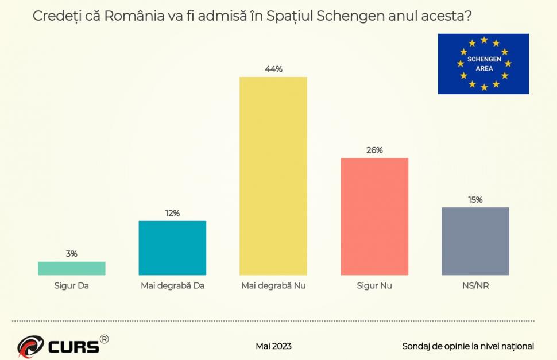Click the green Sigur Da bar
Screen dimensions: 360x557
(72, 269)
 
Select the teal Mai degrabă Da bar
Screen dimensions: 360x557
(172, 248)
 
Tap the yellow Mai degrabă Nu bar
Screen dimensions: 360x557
(273, 176)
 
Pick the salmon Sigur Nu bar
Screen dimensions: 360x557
(374, 216)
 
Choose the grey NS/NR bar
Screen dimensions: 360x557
(475, 241)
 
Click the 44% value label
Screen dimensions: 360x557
(273, 69)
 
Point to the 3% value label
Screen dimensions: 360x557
(72, 253)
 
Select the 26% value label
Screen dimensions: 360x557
(374, 150)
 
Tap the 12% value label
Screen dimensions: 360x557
(172, 213)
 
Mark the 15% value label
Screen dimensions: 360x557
(475, 200)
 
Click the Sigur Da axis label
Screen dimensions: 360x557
(72, 285)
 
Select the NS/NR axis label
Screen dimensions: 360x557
(475, 285)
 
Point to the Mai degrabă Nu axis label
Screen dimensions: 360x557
(273, 285)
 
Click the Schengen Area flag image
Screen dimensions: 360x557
(483, 64)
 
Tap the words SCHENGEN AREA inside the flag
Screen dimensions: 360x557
(484, 64)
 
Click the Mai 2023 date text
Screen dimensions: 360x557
(273, 346)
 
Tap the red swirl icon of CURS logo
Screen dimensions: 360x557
(30, 346)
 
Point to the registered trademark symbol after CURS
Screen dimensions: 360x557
(104, 339)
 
